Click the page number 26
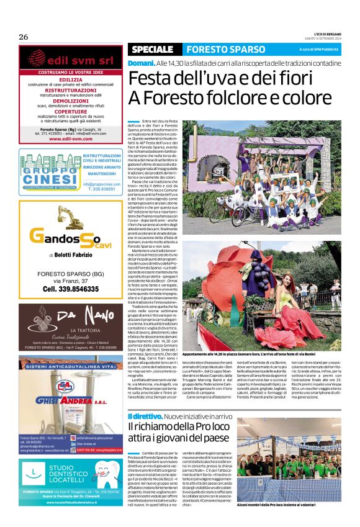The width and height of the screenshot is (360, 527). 23,37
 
